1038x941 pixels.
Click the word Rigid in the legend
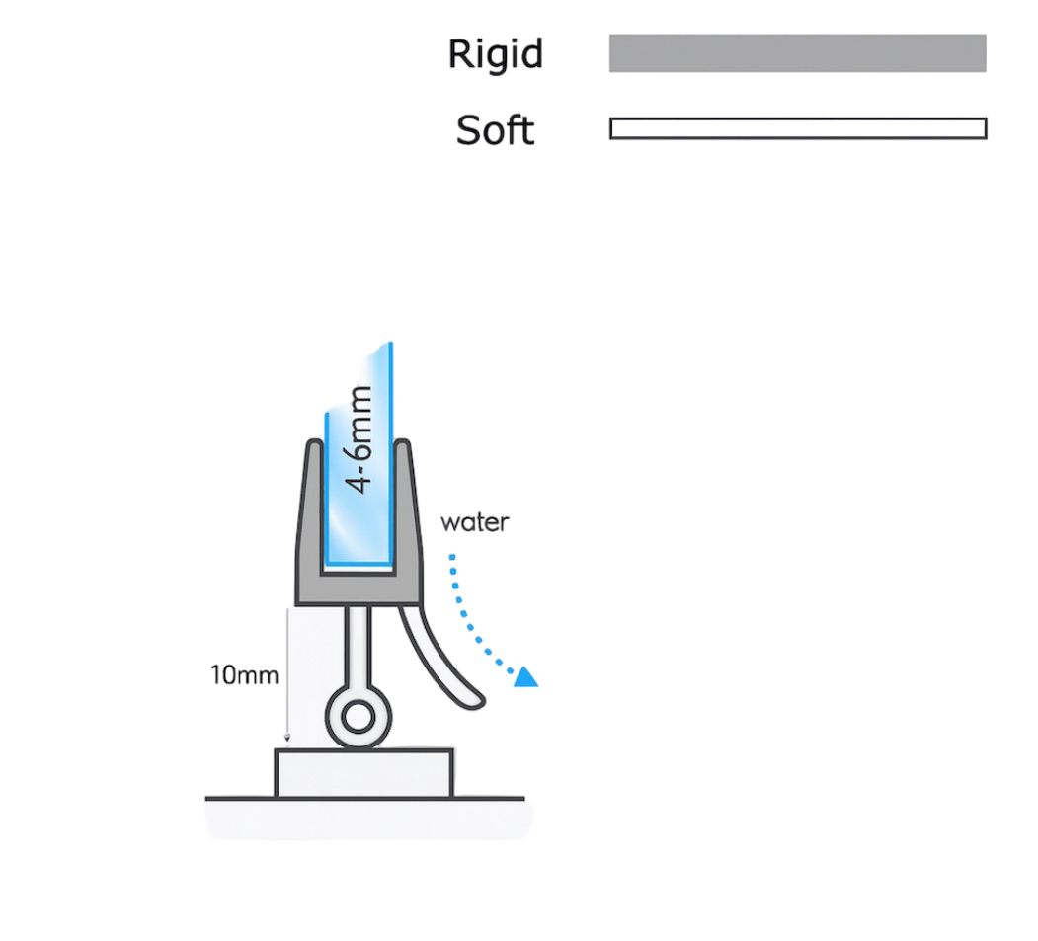click(495, 54)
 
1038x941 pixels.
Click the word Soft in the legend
click(495, 129)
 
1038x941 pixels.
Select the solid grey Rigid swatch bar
click(798, 53)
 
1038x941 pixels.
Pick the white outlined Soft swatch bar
click(798, 128)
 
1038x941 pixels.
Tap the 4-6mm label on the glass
click(359, 439)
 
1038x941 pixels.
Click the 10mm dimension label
click(244, 675)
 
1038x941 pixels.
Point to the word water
click(475, 522)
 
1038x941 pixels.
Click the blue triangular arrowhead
click(527, 677)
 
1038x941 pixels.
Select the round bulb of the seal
click(359, 717)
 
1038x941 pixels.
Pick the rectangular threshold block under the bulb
click(364, 773)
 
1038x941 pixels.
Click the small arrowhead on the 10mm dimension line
click(287, 738)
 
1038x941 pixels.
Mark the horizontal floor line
click(364, 799)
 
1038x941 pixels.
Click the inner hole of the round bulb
click(359, 717)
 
